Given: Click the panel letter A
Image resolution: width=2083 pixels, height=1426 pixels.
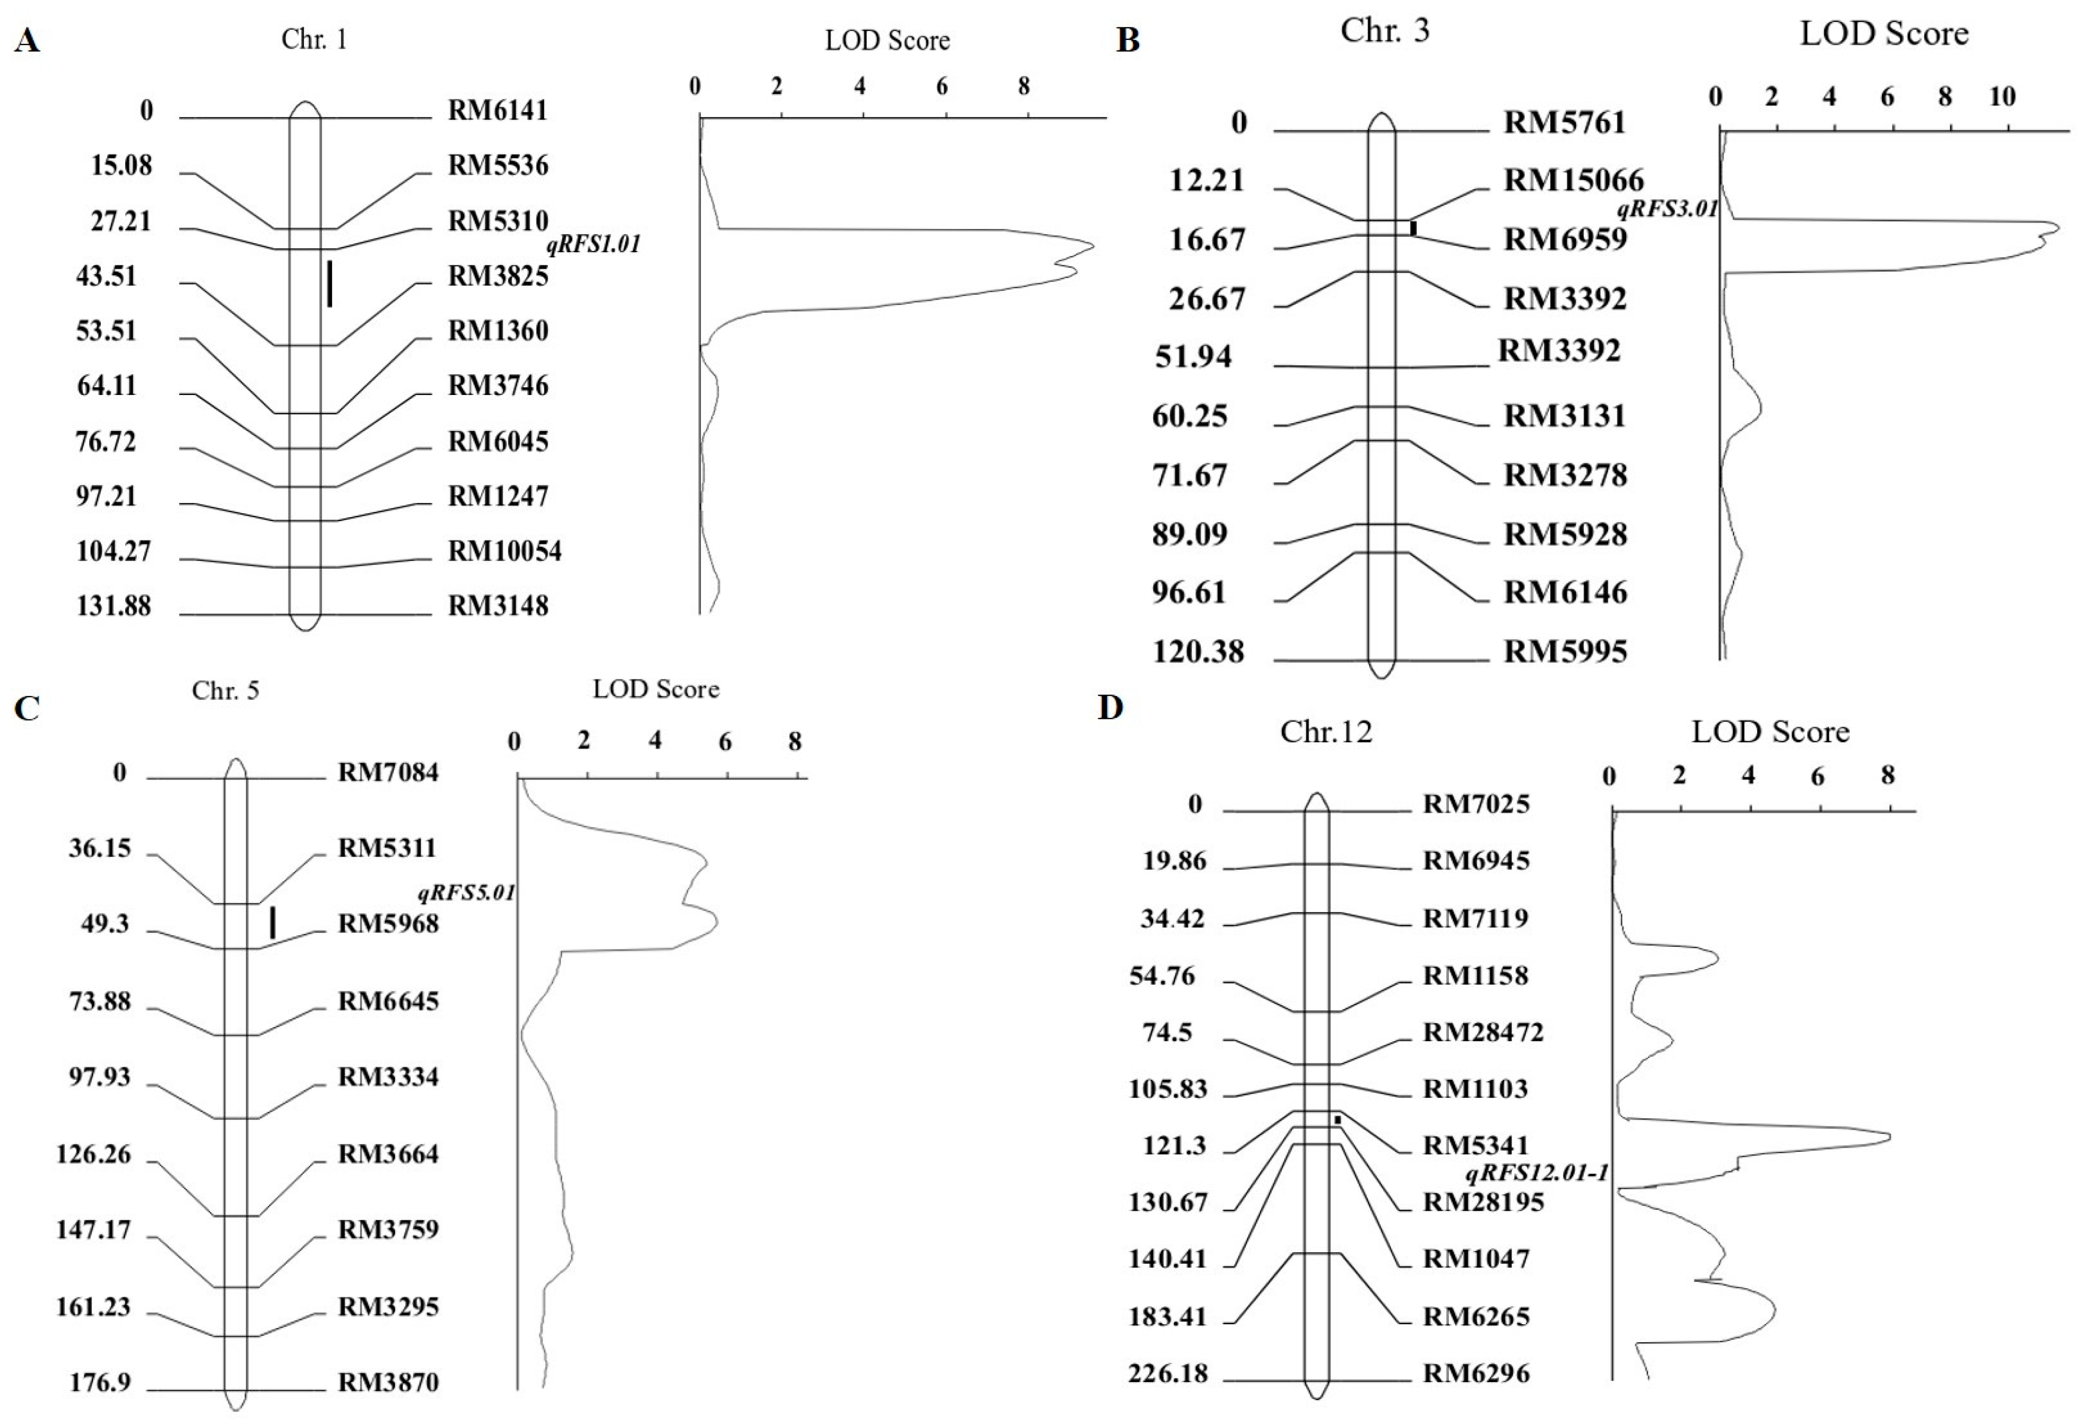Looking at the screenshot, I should pos(27,41).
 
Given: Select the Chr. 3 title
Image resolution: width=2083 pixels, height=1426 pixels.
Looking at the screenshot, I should pos(1384,31).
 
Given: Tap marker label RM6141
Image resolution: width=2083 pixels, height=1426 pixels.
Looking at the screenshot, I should pos(497,110).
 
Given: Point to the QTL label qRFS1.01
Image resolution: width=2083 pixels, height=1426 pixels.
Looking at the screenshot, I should pos(593,244).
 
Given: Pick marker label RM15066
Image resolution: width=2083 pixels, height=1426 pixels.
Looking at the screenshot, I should pos(1573,180).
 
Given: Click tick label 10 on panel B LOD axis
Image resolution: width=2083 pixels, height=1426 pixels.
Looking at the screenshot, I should pos(2002,97).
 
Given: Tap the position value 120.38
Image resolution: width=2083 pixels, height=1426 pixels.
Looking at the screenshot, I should pos(1199,652).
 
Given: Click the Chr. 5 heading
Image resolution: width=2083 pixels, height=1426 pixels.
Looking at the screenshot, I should pos(225,690).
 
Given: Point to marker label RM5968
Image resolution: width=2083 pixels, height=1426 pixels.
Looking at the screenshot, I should pos(388,924).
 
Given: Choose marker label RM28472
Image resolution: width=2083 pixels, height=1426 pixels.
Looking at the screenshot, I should pos(1482,1032).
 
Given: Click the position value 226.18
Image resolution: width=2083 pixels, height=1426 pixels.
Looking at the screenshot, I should pos(1168,1373).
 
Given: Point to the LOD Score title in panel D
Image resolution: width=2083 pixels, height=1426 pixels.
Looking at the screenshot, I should pos(1770,732).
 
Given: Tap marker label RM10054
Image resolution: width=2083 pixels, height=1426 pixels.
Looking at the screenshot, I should pos(505,551).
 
